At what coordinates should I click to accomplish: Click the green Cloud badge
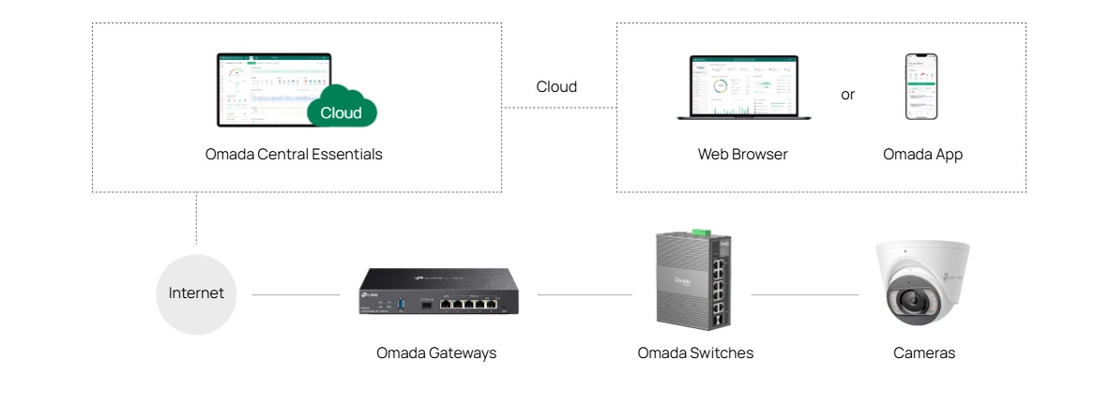point(342,111)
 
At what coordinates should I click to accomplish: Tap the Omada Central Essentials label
point(294,155)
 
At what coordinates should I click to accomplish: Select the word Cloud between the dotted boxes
point(556,87)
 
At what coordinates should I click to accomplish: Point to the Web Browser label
point(742,155)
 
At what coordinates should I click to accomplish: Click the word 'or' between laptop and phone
point(847,95)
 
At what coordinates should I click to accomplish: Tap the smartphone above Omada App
point(921,86)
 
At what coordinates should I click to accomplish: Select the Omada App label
point(922,155)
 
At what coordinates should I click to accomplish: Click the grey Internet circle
point(196,293)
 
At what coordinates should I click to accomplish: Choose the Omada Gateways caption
point(436,353)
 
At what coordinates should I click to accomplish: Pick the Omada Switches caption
point(695,353)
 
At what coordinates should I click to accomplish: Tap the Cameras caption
point(924,353)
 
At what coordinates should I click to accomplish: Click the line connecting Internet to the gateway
point(296,294)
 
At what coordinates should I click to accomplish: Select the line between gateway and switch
point(584,294)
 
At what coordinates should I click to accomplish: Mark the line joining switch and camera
point(805,294)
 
